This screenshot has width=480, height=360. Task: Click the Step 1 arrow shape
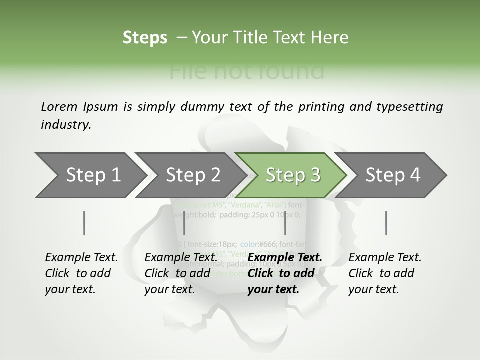click(x=90, y=175)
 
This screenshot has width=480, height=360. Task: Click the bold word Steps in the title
click(x=145, y=38)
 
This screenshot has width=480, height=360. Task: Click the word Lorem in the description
click(x=58, y=107)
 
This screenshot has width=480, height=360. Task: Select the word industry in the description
click(x=65, y=125)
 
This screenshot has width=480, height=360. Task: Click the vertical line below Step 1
click(x=84, y=223)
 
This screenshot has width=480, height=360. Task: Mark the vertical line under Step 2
click(x=184, y=223)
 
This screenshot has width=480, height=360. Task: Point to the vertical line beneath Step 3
click(x=285, y=223)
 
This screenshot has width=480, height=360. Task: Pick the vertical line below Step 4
click(x=386, y=223)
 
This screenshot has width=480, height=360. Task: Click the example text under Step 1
click(x=81, y=273)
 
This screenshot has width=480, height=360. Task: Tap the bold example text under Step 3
click(x=284, y=273)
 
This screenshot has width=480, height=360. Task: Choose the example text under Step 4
click(x=384, y=273)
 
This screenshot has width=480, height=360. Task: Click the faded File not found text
click(x=247, y=71)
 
